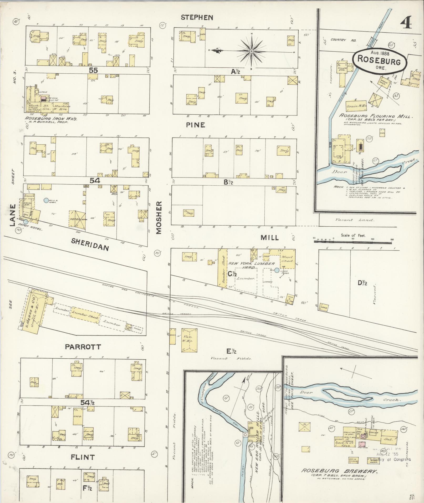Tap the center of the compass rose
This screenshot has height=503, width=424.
tap(252, 51)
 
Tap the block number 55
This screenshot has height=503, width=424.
tap(93, 70)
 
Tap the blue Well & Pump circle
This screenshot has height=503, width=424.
tap(46, 200)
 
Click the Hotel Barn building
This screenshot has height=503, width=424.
tap(77, 219)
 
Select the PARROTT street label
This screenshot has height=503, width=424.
tap(83, 347)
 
